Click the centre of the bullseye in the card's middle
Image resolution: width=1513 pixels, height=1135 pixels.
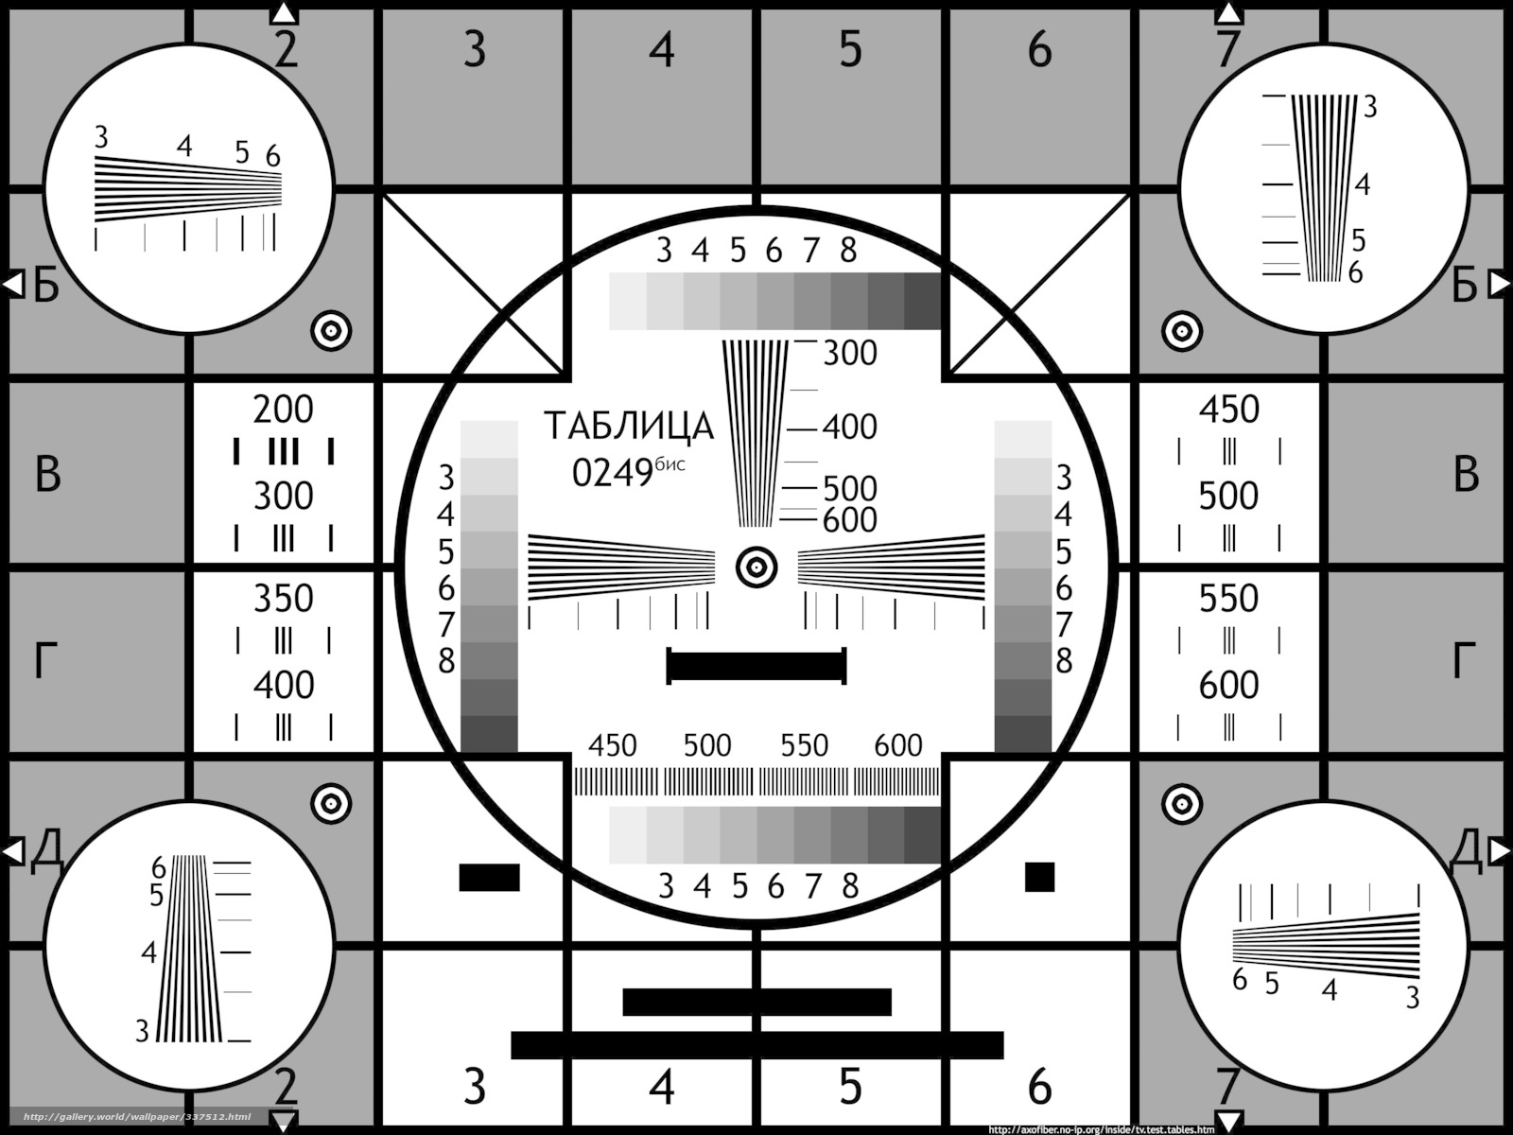coord(756,567)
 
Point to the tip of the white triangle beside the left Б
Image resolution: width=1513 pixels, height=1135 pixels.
coord(3,284)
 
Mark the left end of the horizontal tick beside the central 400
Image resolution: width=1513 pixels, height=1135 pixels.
coord(787,429)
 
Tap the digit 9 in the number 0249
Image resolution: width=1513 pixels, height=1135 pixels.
coord(642,473)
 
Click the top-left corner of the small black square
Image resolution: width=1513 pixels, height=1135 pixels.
coord(1025,863)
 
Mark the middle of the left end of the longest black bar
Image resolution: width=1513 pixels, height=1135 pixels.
coord(511,1045)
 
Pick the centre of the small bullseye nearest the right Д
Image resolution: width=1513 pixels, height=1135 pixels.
coord(1182,804)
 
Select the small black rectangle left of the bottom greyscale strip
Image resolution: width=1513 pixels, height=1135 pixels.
coord(490,878)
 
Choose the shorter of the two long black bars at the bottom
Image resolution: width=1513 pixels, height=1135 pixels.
coord(756,1002)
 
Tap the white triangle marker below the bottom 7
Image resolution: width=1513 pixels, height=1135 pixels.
coord(1227,1121)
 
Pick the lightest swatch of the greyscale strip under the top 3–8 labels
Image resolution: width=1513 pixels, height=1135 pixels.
coord(628,301)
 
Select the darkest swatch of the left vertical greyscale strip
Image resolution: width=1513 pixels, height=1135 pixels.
coord(489,734)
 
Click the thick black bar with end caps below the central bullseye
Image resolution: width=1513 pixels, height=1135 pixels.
coord(756,666)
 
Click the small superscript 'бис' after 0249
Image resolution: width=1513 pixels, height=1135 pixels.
coord(670,464)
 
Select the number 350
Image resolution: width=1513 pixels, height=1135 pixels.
coord(284,598)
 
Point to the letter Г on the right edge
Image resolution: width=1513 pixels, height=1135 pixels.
coord(1464,660)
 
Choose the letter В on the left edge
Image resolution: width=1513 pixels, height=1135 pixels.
coord(47,475)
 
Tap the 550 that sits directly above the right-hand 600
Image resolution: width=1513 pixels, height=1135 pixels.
coord(1228,598)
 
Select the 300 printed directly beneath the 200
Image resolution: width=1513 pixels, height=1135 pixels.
coord(284,496)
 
